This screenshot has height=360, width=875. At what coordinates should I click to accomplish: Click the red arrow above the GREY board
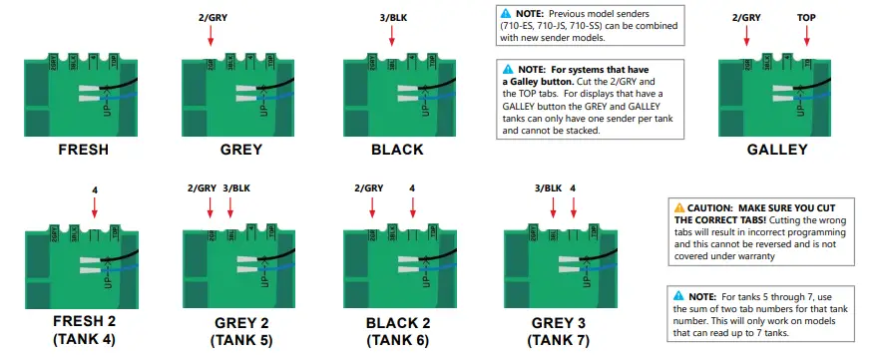pyautogui.click(x=212, y=36)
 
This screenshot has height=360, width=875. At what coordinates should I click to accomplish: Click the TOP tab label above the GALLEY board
pyautogui.click(x=806, y=17)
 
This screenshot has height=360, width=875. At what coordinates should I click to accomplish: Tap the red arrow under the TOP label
pyautogui.click(x=806, y=36)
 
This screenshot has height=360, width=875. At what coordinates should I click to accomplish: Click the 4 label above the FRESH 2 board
pyautogui.click(x=93, y=187)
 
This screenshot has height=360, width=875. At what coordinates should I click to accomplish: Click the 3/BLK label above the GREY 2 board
pyautogui.click(x=236, y=187)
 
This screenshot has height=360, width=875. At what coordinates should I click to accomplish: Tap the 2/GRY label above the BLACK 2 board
pyautogui.click(x=368, y=187)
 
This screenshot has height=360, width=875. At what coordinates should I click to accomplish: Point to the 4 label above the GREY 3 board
pyautogui.click(x=573, y=187)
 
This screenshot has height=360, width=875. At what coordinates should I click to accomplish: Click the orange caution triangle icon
pyautogui.click(x=679, y=207)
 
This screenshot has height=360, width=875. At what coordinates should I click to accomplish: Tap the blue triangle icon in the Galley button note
pyautogui.click(x=509, y=69)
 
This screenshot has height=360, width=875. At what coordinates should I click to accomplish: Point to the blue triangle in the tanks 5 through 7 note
pyautogui.click(x=679, y=296)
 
